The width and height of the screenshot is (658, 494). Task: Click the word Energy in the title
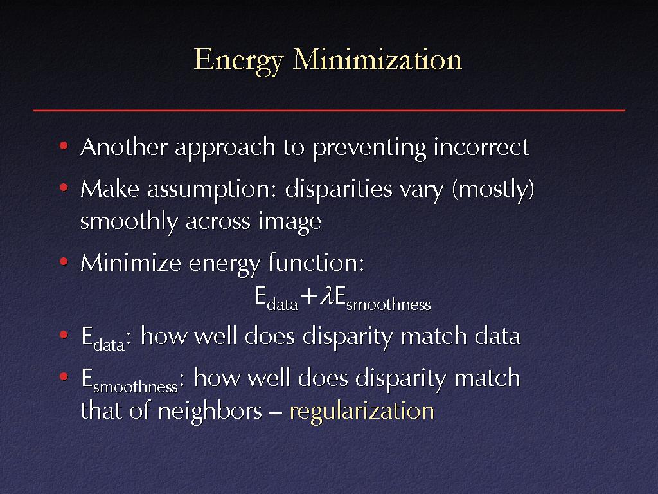tap(238, 61)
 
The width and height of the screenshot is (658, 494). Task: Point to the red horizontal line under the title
tap(329, 110)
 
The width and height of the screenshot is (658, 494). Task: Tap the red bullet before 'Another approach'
tap(64, 146)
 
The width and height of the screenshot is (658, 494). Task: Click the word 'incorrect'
tap(481, 147)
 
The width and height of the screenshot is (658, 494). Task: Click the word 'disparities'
tap(339, 190)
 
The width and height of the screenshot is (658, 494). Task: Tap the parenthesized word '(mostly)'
tap(493, 190)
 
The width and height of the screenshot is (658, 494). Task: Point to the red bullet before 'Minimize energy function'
tap(64, 262)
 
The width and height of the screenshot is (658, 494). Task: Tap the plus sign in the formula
tap(308, 297)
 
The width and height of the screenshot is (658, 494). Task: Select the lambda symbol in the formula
tap(326, 296)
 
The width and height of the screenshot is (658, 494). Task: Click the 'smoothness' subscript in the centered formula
tap(388, 304)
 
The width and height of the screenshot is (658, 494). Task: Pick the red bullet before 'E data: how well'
tap(64, 334)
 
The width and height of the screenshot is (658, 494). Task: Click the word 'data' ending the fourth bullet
tap(497, 336)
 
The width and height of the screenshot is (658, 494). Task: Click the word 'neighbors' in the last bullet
tap(210, 410)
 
